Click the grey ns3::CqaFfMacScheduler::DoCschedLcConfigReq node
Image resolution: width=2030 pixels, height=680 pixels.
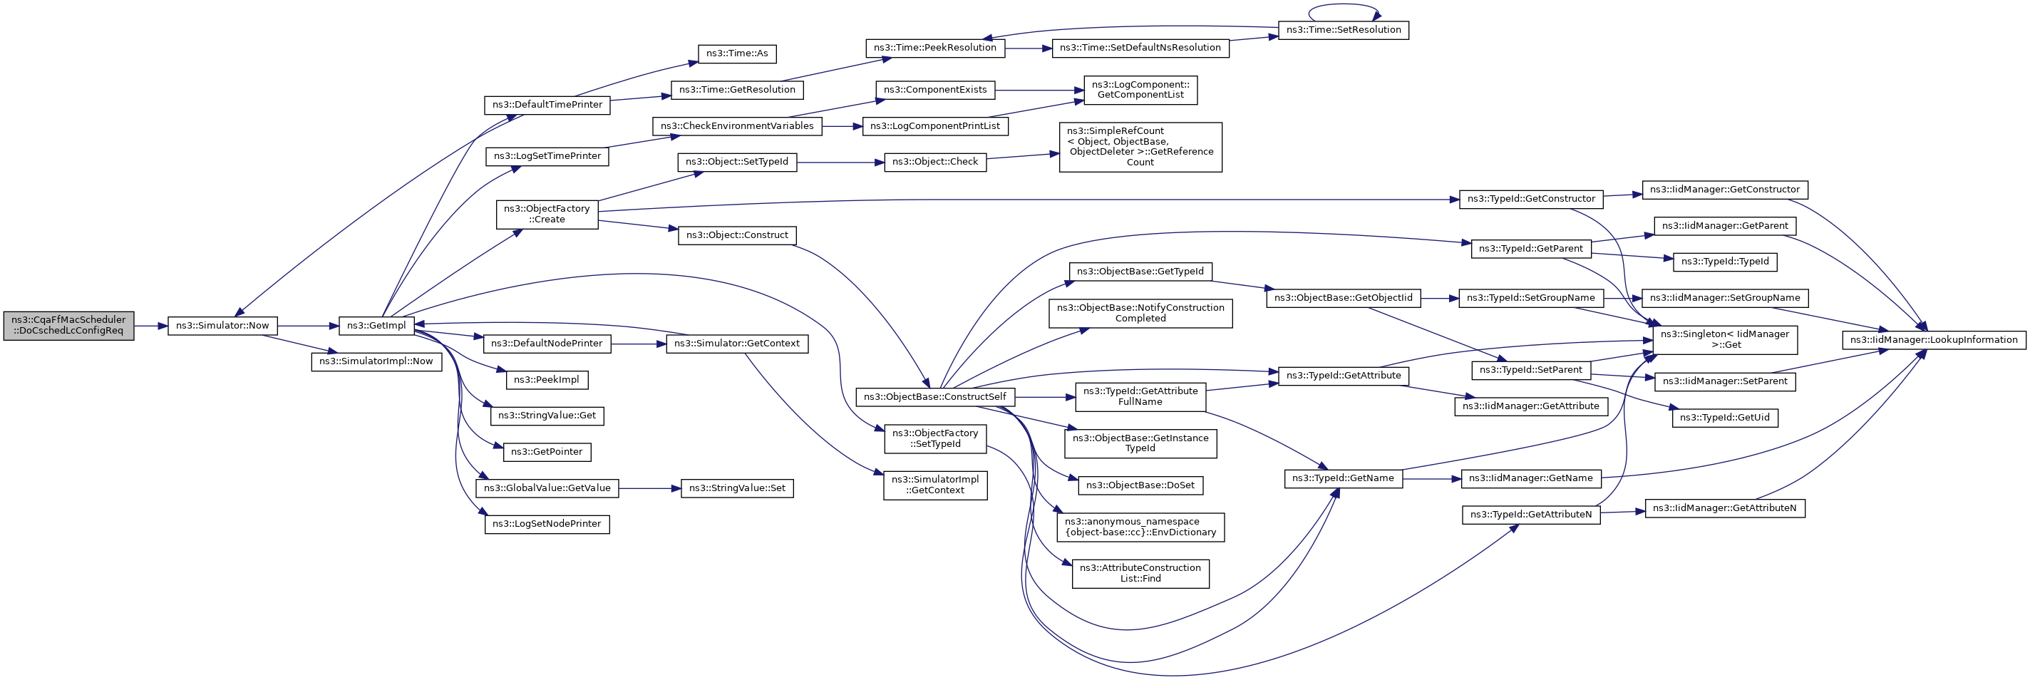click(68, 326)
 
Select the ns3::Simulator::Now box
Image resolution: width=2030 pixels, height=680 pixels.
click(222, 326)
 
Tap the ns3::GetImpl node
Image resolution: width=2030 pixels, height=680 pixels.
click(376, 326)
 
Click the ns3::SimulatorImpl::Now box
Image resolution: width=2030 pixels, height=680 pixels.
click(376, 361)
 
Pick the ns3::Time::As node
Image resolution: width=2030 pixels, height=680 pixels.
click(737, 53)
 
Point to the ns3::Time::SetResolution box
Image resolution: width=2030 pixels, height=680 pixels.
click(1343, 30)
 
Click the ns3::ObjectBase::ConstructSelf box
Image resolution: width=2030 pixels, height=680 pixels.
click(934, 397)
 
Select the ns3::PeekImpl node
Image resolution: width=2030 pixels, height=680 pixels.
click(546, 380)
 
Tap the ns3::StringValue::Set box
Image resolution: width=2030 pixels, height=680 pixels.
click(737, 488)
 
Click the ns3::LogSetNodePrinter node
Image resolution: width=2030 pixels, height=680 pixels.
click(546, 524)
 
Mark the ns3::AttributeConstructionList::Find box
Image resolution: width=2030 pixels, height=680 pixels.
click(1140, 574)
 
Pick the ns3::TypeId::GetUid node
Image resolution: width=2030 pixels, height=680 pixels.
click(1724, 418)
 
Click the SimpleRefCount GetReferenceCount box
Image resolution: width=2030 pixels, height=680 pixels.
click(1140, 148)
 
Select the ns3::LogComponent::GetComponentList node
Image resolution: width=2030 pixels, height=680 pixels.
click(1140, 90)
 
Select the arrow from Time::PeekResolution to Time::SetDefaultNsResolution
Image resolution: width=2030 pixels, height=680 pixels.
click(1028, 48)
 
